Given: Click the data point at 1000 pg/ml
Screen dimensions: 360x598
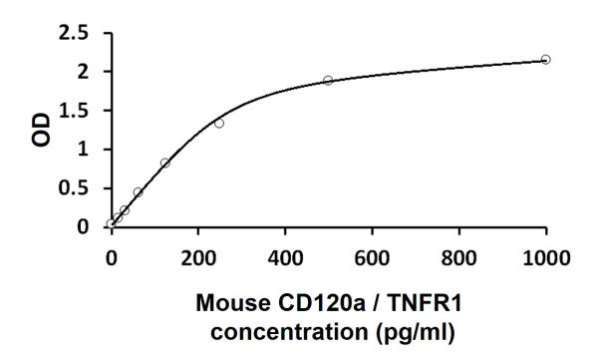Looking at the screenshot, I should click(x=545, y=60).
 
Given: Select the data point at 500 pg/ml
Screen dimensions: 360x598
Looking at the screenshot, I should click(x=328, y=80).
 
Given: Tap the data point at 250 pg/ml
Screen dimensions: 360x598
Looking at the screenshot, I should click(x=219, y=123).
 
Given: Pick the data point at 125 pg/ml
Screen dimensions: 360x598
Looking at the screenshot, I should click(x=164, y=163).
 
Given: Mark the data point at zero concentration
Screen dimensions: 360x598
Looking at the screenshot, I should click(x=111, y=224).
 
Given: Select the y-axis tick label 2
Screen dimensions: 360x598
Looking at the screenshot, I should click(x=85, y=72).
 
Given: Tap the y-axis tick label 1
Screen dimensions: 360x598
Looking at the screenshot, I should click(x=85, y=150).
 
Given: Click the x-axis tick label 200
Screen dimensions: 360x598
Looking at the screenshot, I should click(x=197, y=255).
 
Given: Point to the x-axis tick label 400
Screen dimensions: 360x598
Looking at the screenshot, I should click(x=284, y=255).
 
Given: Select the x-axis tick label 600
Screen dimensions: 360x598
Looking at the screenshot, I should click(x=372, y=255).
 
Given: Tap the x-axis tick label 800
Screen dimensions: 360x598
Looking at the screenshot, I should click(x=458, y=255).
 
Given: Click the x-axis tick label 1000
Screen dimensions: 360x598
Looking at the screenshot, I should click(x=545, y=255).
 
